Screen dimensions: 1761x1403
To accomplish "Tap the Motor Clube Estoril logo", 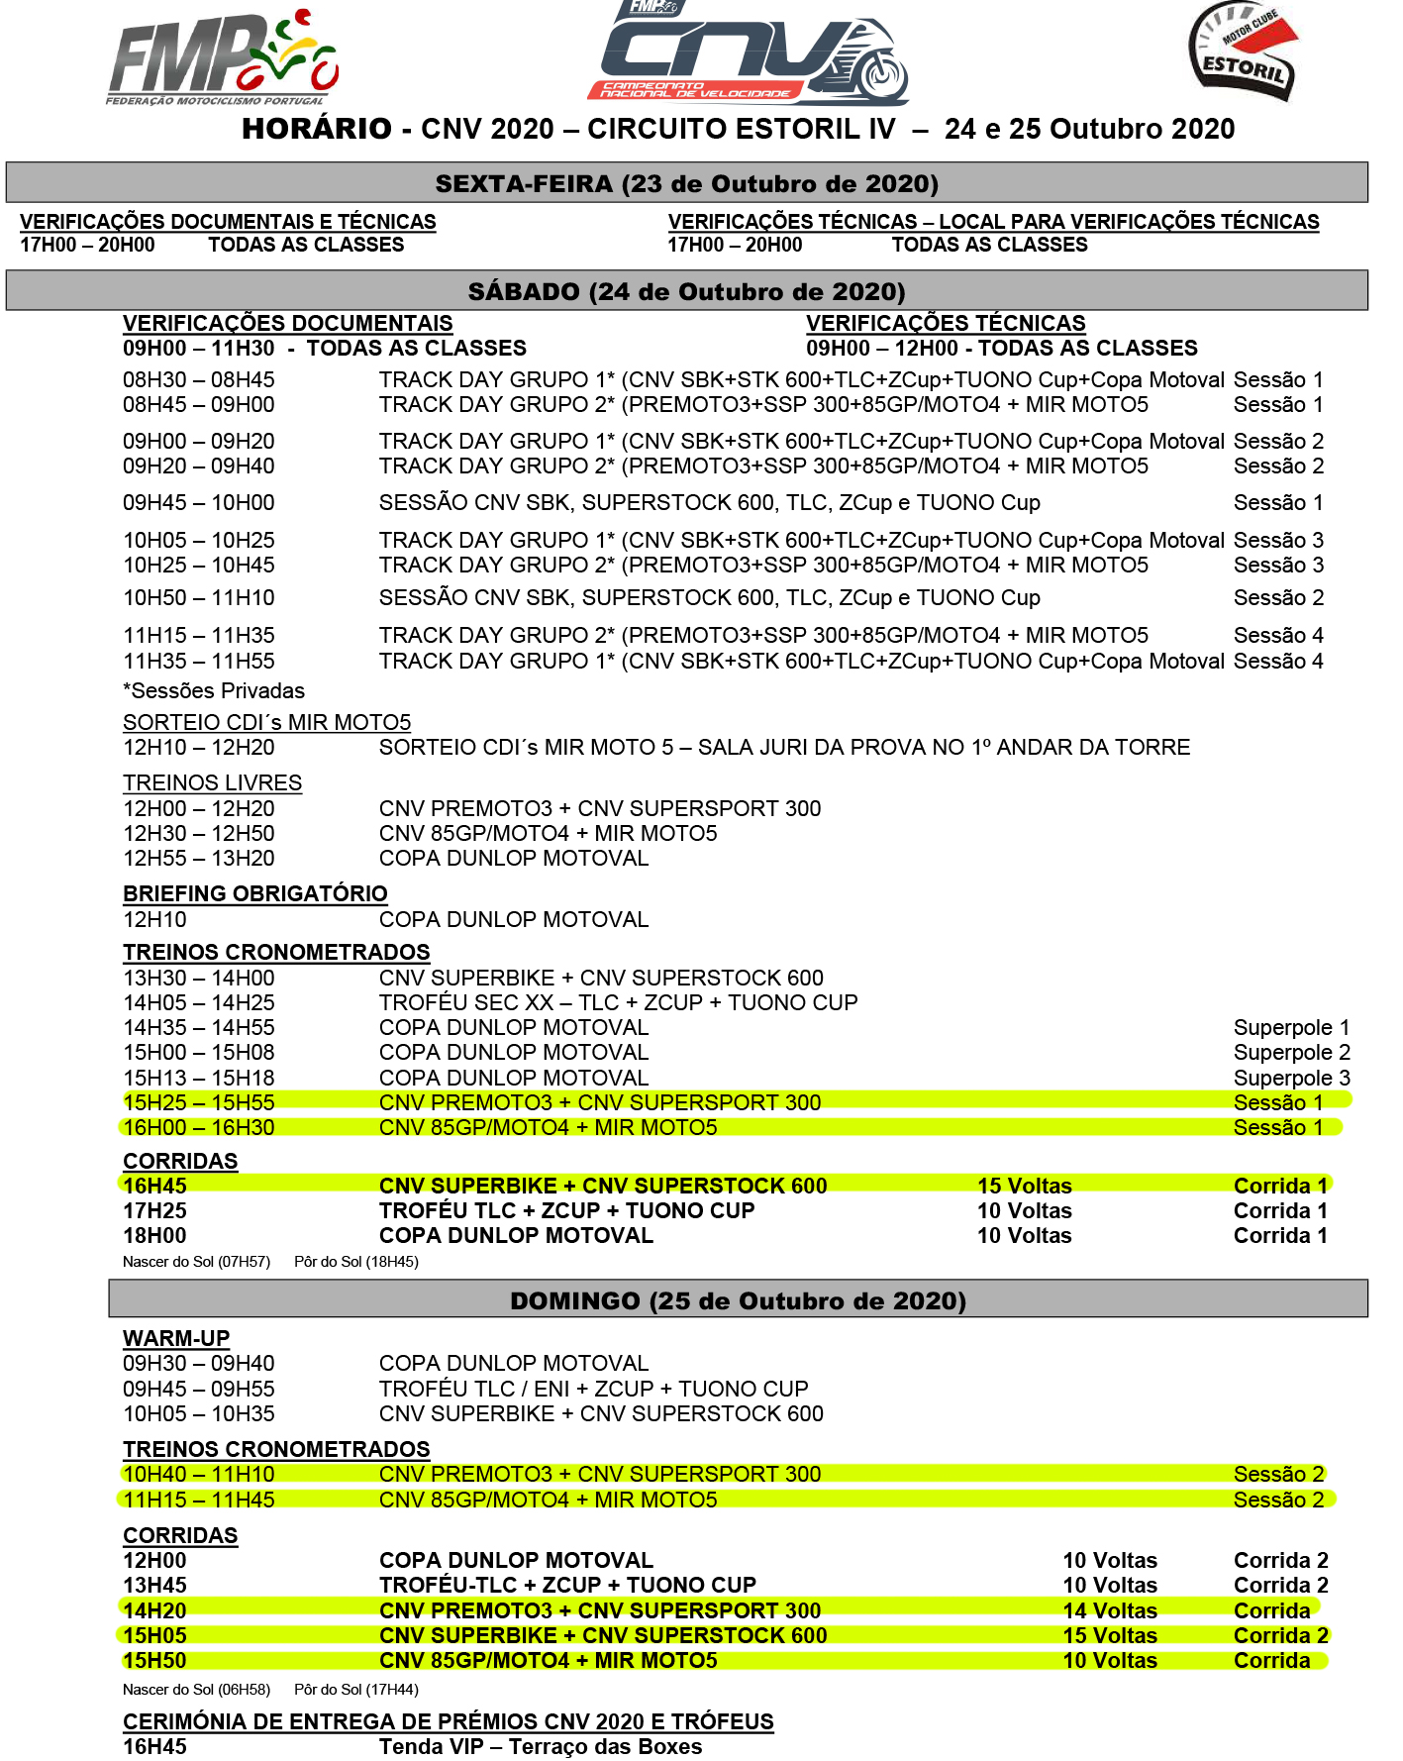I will click(1244, 52).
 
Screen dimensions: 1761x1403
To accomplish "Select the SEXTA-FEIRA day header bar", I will click(686, 183).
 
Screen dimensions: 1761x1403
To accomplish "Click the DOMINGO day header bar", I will click(738, 1299).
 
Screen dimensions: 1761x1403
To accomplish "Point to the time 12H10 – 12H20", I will click(198, 748).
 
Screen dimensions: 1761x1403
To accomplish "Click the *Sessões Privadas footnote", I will click(213, 691).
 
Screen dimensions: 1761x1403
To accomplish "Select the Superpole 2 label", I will click(1291, 1053).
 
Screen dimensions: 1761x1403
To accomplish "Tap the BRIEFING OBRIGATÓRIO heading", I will click(254, 893).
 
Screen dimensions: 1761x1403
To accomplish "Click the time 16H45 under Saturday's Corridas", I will click(154, 1186).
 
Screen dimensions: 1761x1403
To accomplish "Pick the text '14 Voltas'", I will click(1109, 1610).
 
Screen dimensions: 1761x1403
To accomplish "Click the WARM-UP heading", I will click(175, 1338).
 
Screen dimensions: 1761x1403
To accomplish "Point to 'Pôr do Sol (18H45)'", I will click(356, 1262).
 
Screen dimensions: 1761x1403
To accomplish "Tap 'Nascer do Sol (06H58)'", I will click(196, 1690).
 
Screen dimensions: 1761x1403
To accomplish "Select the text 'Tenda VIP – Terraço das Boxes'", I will click(541, 1747).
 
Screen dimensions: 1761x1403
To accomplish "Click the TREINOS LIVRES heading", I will click(212, 783).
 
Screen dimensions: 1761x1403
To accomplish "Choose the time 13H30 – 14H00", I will click(198, 979).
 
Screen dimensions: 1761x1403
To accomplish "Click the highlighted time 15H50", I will click(154, 1661).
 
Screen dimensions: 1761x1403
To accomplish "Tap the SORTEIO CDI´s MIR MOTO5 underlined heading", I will click(266, 723).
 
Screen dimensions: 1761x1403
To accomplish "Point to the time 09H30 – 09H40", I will click(198, 1364).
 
